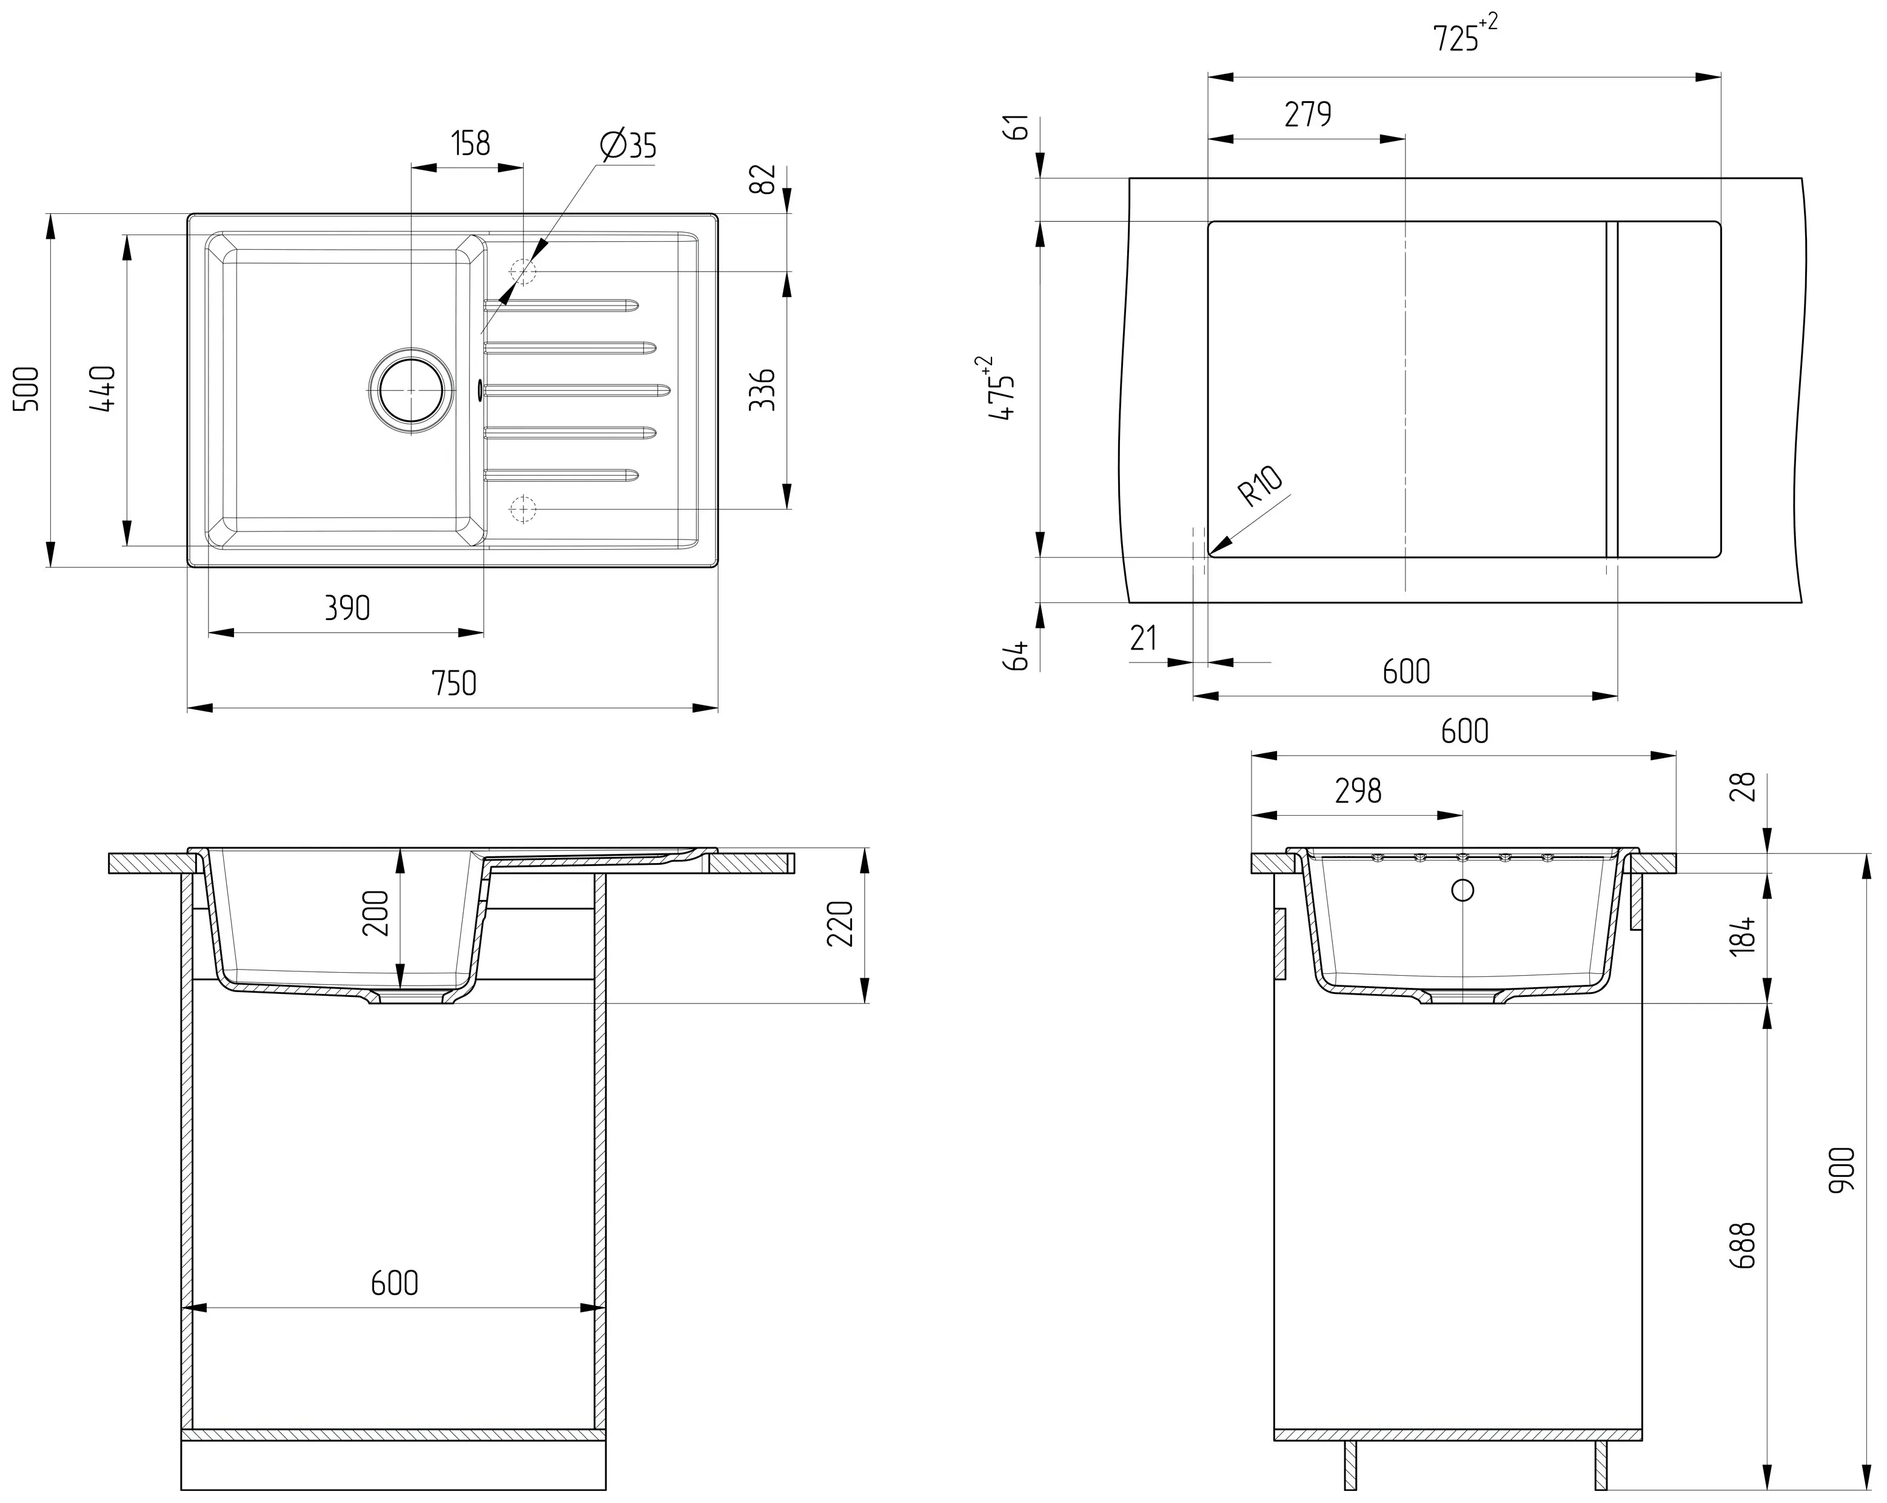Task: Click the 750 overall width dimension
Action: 454,683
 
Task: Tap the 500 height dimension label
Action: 28,388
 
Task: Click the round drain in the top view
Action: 411,390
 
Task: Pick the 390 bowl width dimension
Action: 347,608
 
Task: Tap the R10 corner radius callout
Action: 1261,487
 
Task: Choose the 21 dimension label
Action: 1143,639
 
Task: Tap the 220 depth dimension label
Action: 839,924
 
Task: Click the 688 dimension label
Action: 1743,1246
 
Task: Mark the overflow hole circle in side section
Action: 1463,891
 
